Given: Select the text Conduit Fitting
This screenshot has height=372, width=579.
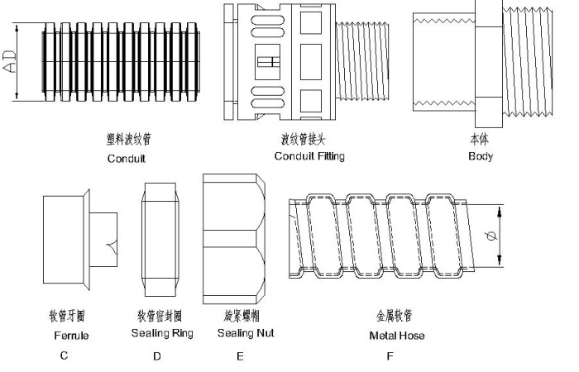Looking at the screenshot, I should coord(309,156).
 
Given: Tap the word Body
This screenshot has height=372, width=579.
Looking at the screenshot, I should coord(480,156).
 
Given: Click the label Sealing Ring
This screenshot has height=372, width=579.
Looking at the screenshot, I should coord(162,334).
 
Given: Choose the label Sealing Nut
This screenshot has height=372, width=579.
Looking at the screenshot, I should coord(246,334).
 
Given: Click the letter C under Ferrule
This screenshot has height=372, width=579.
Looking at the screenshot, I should coord(63,357).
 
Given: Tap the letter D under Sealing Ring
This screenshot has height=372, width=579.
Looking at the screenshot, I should coord(156,357).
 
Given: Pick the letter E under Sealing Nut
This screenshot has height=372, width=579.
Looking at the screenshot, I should coord(240,357).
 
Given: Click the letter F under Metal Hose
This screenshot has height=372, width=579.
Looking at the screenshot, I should coord(390,357).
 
